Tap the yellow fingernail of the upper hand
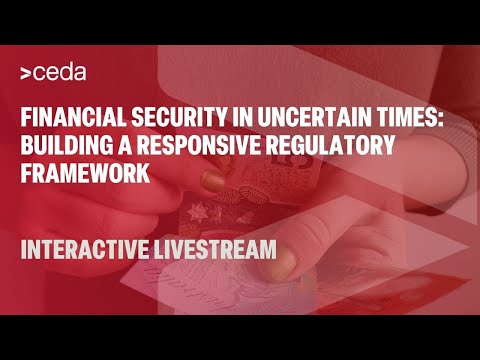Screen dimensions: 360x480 click(x=213, y=181)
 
